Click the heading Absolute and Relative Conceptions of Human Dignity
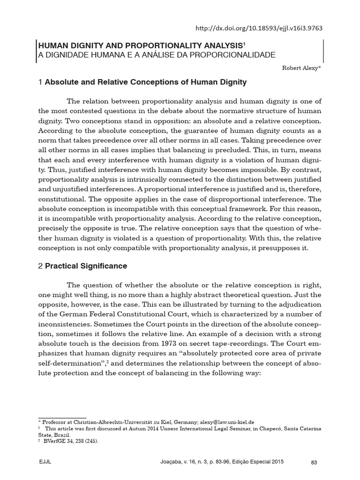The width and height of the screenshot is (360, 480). (x=145, y=82)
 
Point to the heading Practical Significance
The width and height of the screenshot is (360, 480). (x=86, y=266)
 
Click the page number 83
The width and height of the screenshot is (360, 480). (x=314, y=463)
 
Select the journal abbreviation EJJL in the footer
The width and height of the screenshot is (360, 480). (x=45, y=463)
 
